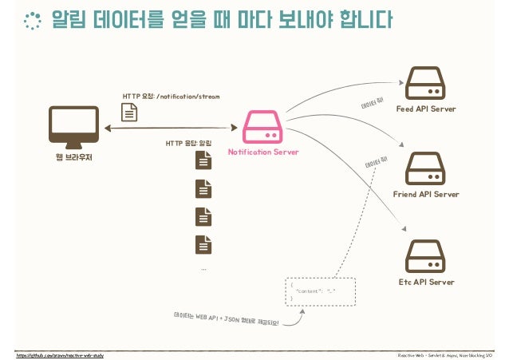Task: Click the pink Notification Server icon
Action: click(263, 128)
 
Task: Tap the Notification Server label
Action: click(263, 152)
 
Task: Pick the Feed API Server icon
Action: click(425, 85)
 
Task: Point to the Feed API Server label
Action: click(426, 109)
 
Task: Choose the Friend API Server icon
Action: click(425, 169)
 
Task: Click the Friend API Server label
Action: click(426, 194)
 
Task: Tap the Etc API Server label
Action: click(426, 282)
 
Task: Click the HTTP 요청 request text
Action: click(171, 96)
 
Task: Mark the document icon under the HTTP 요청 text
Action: click(128, 113)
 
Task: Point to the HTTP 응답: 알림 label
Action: click(188, 144)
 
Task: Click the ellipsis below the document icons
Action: click(204, 269)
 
